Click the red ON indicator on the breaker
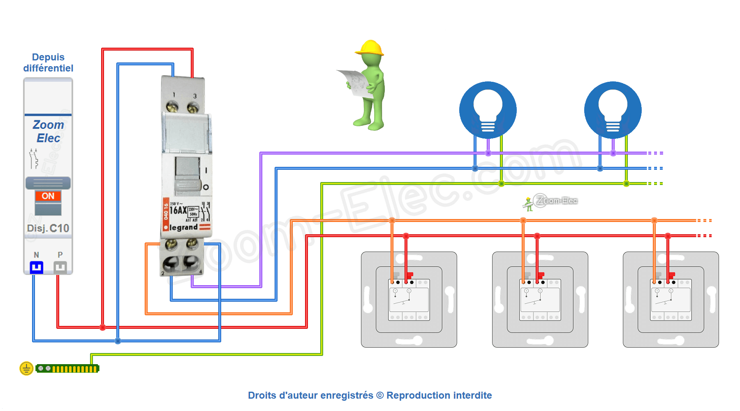tap(48, 196)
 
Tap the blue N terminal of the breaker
tap(37, 268)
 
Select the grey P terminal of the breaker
tap(60, 268)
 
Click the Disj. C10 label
tap(48, 228)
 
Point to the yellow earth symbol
tap(26, 368)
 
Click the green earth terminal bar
tap(67, 369)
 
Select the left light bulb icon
tap(488, 110)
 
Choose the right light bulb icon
tap(613, 110)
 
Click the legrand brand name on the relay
tap(184, 227)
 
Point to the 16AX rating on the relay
tap(178, 210)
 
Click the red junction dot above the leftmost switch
tap(406, 236)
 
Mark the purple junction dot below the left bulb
tap(488, 153)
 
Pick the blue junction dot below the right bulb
tap(600, 168)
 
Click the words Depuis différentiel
tap(48, 62)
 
